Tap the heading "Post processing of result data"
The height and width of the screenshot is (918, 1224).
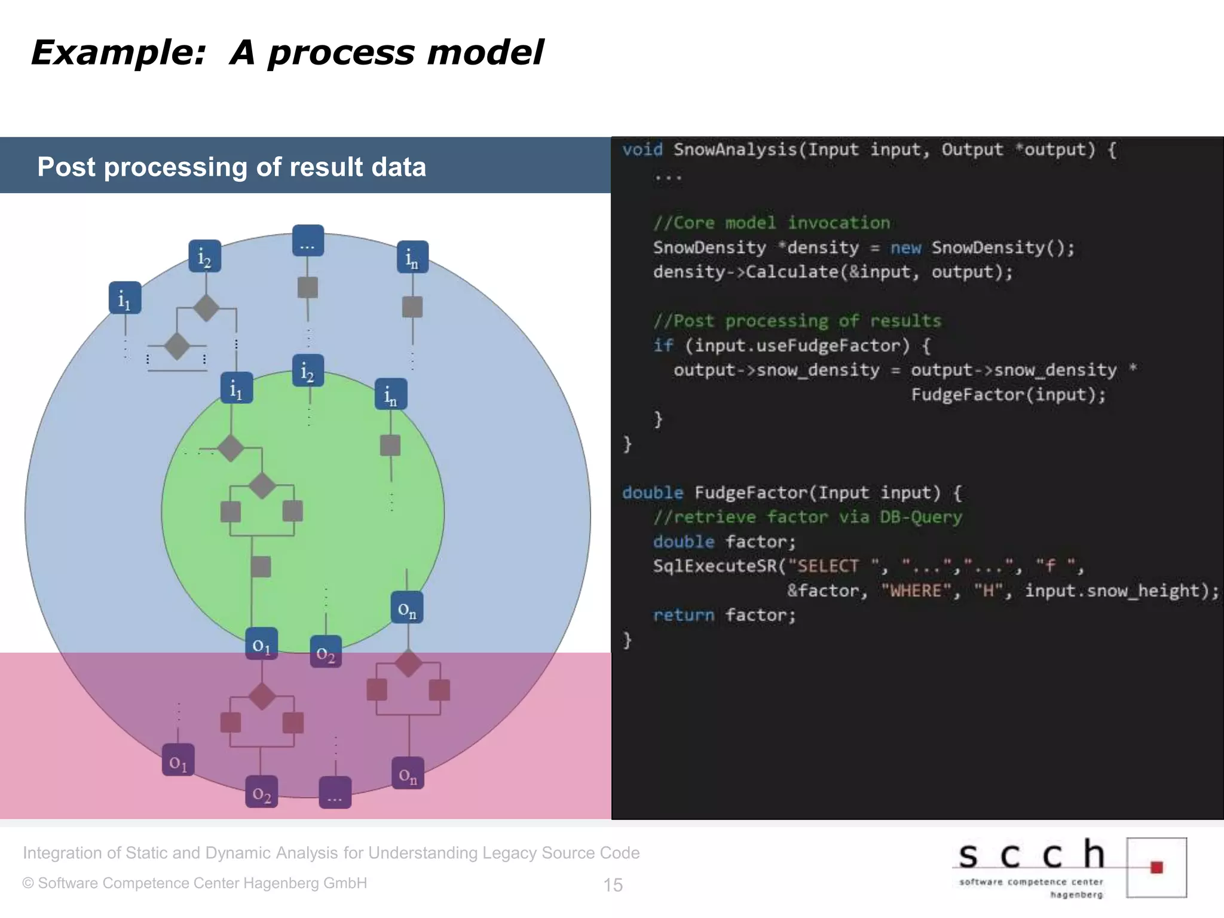[x=231, y=167]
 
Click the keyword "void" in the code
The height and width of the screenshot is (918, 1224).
[x=642, y=149]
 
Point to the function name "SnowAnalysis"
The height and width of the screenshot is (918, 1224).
[x=735, y=149]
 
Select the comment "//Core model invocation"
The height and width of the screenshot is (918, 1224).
[x=772, y=223]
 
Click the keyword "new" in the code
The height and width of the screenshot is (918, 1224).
[x=905, y=247]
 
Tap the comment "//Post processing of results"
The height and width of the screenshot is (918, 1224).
[x=797, y=321]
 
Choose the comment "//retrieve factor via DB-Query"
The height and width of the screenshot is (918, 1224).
[x=807, y=517]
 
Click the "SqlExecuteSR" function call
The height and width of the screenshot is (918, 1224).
[x=715, y=566]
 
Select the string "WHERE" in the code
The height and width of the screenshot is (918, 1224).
[x=916, y=591]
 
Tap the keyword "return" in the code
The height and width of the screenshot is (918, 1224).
[x=684, y=616]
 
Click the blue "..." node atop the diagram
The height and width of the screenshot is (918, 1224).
[x=308, y=241]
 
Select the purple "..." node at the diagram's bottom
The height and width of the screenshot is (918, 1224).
[x=335, y=792]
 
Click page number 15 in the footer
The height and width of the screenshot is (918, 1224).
[x=613, y=885]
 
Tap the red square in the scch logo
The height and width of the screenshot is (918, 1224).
[x=1156, y=867]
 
